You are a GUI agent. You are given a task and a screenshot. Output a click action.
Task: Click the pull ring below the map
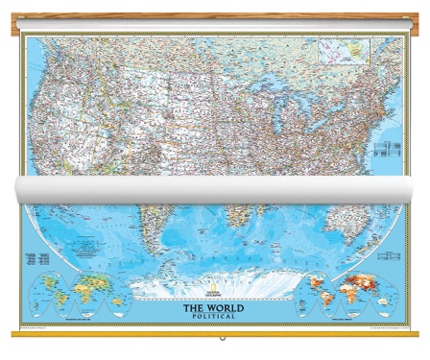click(x=222, y=339)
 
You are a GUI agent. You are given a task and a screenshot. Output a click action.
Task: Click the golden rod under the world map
click(x=215, y=332)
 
